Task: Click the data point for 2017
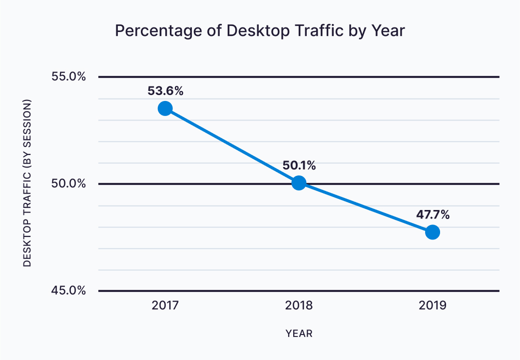point(165,108)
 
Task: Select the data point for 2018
point(299,183)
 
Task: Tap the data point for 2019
point(433,232)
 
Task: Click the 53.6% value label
point(165,91)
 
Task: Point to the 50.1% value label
point(299,165)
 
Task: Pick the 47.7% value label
point(433,215)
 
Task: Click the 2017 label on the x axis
point(165,305)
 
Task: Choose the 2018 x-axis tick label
point(299,305)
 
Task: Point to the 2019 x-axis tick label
point(433,305)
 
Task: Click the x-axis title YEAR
point(299,333)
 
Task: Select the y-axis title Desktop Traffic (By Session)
point(27,183)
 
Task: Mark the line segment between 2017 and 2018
point(232,146)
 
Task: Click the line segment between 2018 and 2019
point(366,207)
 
